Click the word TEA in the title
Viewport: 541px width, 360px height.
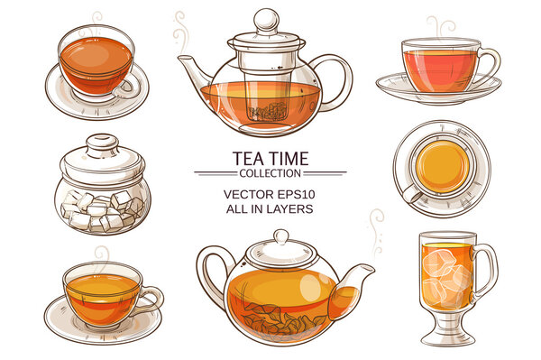249,159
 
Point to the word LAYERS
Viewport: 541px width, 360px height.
291,208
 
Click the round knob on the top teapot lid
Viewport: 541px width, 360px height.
265,20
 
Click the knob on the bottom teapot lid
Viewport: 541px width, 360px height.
280,235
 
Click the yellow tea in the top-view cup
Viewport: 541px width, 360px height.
442,167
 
